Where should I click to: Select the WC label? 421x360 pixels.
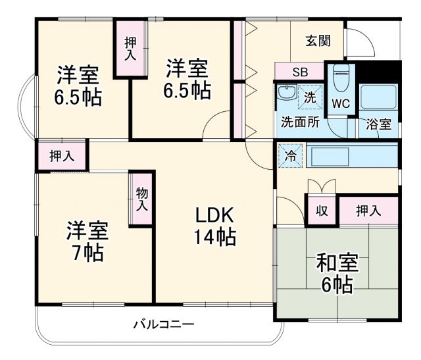[340, 104]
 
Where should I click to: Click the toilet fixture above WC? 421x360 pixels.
[341, 79]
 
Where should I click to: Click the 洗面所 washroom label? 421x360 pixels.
[300, 122]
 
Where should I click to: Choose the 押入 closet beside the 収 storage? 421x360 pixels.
[368, 211]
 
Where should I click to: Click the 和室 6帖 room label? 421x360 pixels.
[337, 272]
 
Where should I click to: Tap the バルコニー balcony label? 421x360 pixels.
[163, 324]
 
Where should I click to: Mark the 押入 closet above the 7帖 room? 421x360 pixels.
[62, 157]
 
